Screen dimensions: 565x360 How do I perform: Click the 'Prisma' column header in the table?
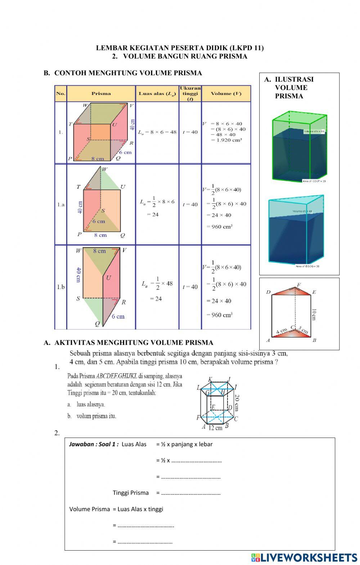click(x=101, y=94)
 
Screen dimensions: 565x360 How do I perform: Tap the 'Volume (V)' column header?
click(x=226, y=94)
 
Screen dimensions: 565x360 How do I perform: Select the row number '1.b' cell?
click(x=61, y=287)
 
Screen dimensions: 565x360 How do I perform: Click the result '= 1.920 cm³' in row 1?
click(x=226, y=140)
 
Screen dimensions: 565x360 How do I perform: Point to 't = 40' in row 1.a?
click(x=190, y=204)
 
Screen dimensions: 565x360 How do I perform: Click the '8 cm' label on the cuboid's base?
click(x=98, y=158)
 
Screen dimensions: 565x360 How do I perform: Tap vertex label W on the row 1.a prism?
click(x=104, y=169)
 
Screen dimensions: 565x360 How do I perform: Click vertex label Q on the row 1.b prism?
click(x=97, y=324)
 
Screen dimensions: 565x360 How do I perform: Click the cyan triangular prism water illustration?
click(x=296, y=230)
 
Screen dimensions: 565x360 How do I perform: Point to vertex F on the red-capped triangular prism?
click(x=298, y=284)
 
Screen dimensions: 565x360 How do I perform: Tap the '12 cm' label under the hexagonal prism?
click(x=216, y=428)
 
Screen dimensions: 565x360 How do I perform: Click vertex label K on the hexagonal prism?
click(x=210, y=379)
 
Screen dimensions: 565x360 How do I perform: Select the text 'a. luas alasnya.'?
click(x=86, y=404)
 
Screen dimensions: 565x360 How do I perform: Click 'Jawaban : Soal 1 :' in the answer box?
click(x=94, y=444)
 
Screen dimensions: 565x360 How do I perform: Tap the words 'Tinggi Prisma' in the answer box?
click(x=131, y=493)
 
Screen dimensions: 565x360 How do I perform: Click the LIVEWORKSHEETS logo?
click(x=304, y=557)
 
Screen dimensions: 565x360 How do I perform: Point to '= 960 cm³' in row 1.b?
click(x=220, y=315)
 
